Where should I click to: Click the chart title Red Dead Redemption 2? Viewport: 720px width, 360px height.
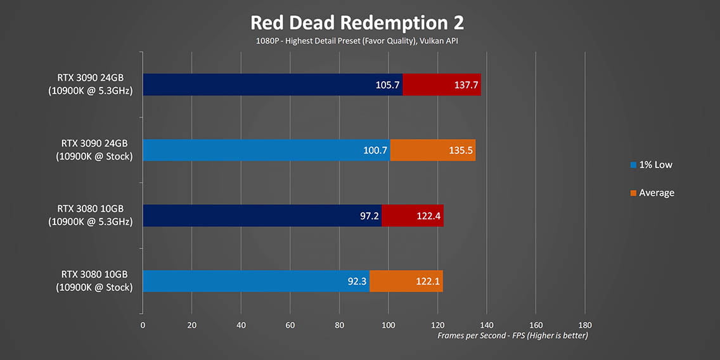click(x=357, y=23)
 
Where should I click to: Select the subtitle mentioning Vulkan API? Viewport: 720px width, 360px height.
click(x=357, y=41)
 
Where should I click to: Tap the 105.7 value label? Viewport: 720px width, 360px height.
click(x=387, y=85)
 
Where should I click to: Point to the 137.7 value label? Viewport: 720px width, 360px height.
click(x=466, y=85)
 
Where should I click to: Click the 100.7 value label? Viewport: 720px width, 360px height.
click(x=375, y=151)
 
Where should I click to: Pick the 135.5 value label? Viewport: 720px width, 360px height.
click(x=461, y=151)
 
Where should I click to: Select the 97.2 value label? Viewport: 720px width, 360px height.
click(x=366, y=216)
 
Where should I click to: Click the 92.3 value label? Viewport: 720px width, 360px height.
click(x=357, y=281)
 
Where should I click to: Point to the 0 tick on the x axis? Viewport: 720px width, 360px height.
click(x=143, y=325)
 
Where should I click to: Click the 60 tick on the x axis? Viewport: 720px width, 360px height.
click(x=290, y=325)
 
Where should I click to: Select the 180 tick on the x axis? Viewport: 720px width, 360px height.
click(x=585, y=325)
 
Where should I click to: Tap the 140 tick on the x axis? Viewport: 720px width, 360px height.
click(x=487, y=325)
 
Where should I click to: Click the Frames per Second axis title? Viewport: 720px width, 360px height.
click(x=512, y=335)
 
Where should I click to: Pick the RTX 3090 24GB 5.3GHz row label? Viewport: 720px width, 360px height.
click(x=94, y=84)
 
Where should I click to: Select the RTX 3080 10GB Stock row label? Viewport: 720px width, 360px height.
click(x=94, y=281)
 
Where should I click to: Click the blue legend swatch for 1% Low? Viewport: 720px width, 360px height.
click(x=633, y=165)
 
